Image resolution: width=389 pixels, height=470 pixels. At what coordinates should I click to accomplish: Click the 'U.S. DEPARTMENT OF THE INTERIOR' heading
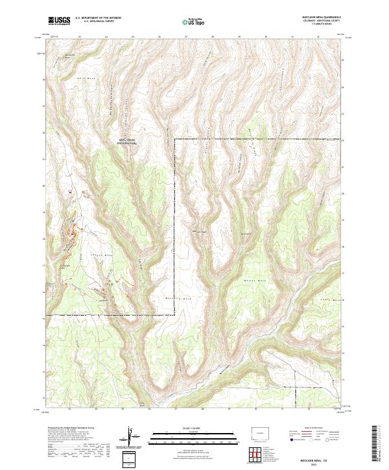(x=98, y=18)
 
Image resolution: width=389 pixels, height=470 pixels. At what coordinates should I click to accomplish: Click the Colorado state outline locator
(x=263, y=431)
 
